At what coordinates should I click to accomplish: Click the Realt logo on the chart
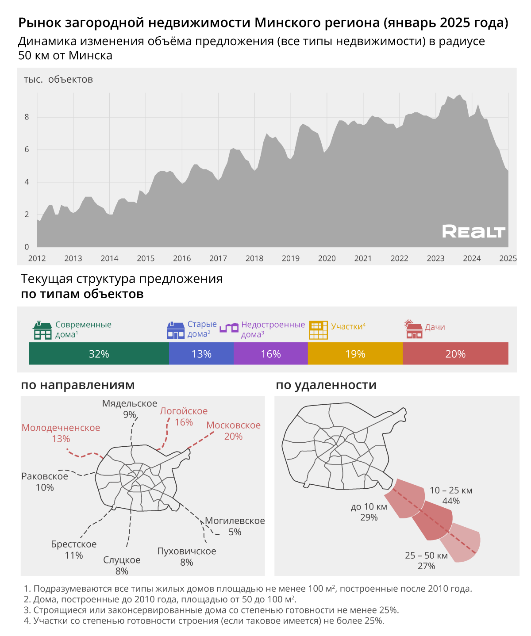pos(473,231)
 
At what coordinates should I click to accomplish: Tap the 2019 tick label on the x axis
pos(290,258)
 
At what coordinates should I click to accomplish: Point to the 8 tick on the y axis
pos(27,117)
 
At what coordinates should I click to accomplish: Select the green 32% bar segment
pos(99,354)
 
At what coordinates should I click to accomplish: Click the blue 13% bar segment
pos(201,354)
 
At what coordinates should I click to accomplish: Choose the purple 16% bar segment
pos(270,354)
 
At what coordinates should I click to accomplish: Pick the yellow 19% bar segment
pos(355,354)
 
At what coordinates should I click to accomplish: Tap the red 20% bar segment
pos(455,354)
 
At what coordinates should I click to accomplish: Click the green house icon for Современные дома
pos(42,330)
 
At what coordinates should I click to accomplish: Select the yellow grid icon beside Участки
pos(318,330)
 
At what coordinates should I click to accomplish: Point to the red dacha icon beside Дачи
pos(414,329)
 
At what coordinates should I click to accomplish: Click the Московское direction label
pos(233,425)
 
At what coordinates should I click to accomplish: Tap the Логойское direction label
pos(184,411)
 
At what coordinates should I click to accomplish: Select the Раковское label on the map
pos(45,476)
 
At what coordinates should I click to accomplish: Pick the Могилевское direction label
pos(235,521)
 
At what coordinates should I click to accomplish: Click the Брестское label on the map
pos(73,544)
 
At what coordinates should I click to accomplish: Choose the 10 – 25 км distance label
pos(451,490)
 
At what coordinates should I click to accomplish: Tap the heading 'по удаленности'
pos(326,385)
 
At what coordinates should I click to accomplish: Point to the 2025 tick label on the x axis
pos(508,258)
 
